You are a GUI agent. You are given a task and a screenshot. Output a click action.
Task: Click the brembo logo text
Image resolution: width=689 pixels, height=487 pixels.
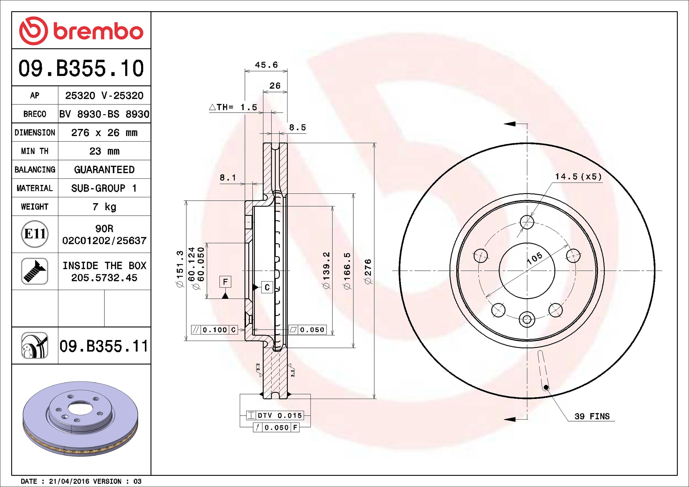(98, 31)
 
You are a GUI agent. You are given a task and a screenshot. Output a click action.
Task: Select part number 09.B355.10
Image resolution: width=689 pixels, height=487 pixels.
(81, 68)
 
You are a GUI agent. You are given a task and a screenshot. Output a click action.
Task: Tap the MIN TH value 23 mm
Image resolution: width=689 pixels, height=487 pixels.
(104, 151)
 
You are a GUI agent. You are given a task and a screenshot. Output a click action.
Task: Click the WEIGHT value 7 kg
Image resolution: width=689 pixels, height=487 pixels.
(104, 207)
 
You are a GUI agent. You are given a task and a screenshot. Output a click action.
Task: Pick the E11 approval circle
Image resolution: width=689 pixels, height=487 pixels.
(35, 234)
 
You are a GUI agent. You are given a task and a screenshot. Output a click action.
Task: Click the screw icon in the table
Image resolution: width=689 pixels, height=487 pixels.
(35, 271)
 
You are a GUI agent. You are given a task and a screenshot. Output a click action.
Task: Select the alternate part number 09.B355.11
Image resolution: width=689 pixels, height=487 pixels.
(104, 346)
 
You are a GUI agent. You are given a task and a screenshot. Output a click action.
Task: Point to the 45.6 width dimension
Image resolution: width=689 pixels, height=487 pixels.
(266, 65)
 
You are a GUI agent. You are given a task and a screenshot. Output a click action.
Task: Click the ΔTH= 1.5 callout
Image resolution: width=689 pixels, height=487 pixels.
(233, 107)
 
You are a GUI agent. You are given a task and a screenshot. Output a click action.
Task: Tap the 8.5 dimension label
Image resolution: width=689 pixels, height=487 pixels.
(297, 127)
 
